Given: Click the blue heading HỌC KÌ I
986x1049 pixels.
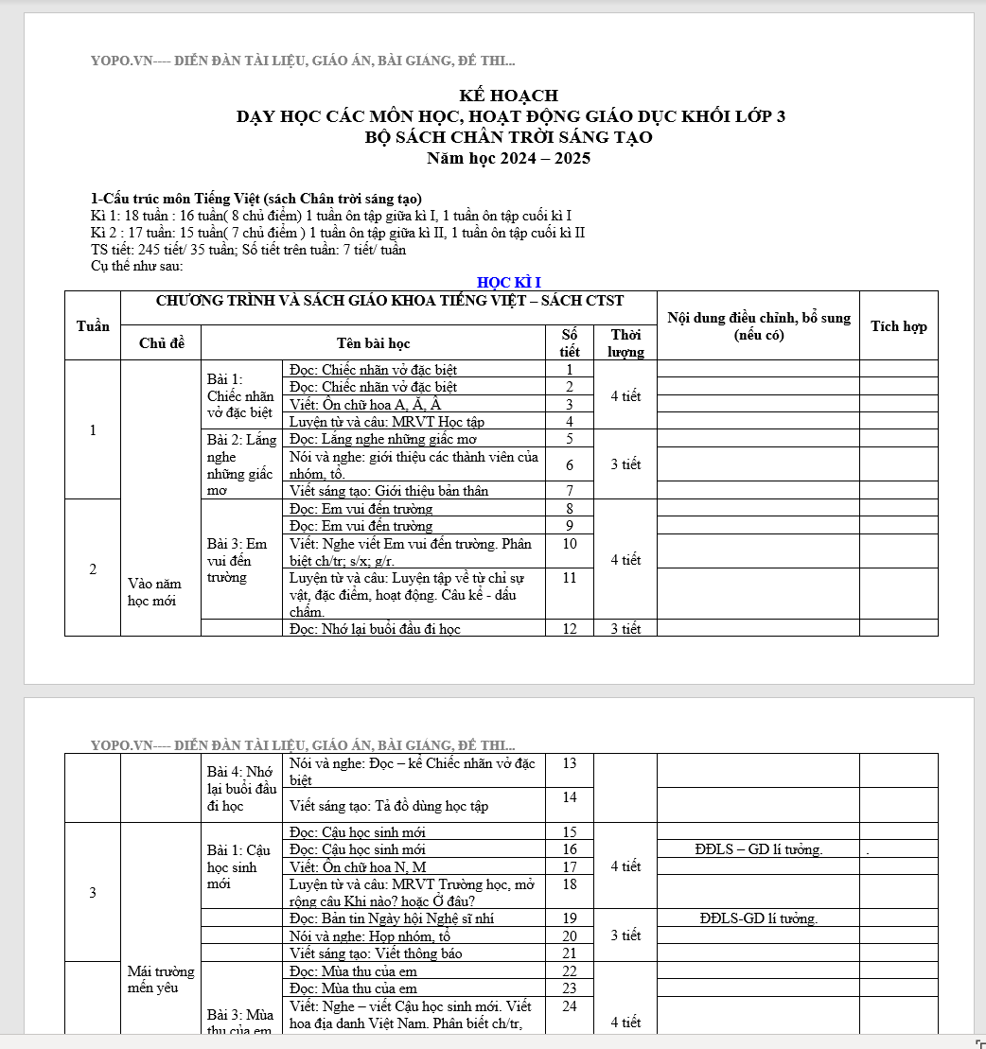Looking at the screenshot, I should pyautogui.click(x=508, y=282).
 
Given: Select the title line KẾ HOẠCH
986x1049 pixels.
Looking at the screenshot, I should pyautogui.click(x=508, y=96).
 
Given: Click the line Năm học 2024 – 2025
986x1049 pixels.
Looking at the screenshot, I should pyautogui.click(x=508, y=158).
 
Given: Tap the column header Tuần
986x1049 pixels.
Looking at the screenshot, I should pyautogui.click(x=93, y=325).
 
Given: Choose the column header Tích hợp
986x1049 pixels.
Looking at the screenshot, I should pyautogui.click(x=898, y=325).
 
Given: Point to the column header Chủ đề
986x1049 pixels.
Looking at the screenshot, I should pyautogui.click(x=161, y=343).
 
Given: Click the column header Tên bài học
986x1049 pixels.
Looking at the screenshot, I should pyautogui.click(x=373, y=343).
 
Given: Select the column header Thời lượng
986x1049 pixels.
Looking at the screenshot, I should pyautogui.click(x=625, y=343).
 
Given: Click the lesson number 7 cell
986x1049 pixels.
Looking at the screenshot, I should pyautogui.click(x=570, y=490).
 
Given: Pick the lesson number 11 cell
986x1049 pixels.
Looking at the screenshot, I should pyautogui.click(x=570, y=577).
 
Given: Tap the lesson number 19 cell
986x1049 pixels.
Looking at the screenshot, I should pyautogui.click(x=570, y=918).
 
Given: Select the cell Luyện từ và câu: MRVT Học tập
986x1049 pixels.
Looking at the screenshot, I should pyautogui.click(x=386, y=421).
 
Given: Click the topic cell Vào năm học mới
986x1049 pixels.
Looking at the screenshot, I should pyautogui.click(x=154, y=592).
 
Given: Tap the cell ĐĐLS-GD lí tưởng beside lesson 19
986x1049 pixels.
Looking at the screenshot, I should pyautogui.click(x=758, y=918).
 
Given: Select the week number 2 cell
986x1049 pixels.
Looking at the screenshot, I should pyautogui.click(x=93, y=568).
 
